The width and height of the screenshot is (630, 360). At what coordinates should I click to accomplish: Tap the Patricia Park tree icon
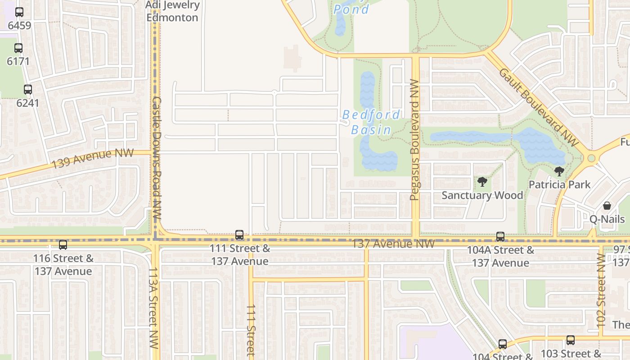click(559, 171)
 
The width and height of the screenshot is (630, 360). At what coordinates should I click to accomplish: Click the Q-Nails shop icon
click(607, 206)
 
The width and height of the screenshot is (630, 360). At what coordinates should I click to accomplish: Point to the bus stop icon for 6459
click(19, 12)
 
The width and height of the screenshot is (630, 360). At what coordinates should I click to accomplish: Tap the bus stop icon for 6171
click(18, 48)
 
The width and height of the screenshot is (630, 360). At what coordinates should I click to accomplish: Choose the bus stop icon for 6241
click(28, 90)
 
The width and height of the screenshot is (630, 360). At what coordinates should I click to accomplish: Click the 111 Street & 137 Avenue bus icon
click(239, 235)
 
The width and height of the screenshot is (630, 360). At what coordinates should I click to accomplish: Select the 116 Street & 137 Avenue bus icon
click(63, 245)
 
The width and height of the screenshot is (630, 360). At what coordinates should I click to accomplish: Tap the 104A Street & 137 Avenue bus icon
click(500, 237)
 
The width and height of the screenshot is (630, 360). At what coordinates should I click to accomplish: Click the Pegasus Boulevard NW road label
click(415, 139)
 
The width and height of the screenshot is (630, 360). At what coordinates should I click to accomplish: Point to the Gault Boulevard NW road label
click(538, 107)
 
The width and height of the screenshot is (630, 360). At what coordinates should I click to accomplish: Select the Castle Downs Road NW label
click(156, 157)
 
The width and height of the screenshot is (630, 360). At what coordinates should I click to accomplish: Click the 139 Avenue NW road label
click(92, 158)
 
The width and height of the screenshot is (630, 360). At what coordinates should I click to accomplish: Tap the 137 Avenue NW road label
click(393, 244)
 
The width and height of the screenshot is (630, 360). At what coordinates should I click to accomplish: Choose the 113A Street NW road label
click(153, 307)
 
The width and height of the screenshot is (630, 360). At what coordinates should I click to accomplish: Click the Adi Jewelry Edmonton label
click(172, 11)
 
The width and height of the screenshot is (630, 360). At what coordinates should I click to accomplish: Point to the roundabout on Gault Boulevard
click(591, 158)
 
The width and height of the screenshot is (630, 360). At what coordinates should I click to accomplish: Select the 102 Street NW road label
click(601, 290)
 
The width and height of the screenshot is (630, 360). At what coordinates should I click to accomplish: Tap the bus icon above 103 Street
click(571, 340)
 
